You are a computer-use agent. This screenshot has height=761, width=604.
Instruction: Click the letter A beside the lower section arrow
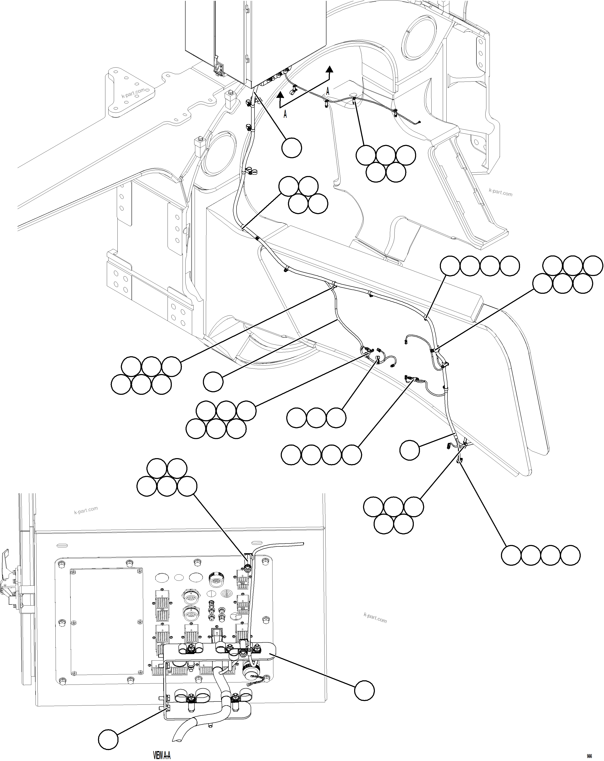tap(285, 114)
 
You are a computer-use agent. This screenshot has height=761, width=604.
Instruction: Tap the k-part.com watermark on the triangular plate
tap(133, 94)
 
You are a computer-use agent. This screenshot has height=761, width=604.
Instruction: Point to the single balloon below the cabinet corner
tap(292, 148)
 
